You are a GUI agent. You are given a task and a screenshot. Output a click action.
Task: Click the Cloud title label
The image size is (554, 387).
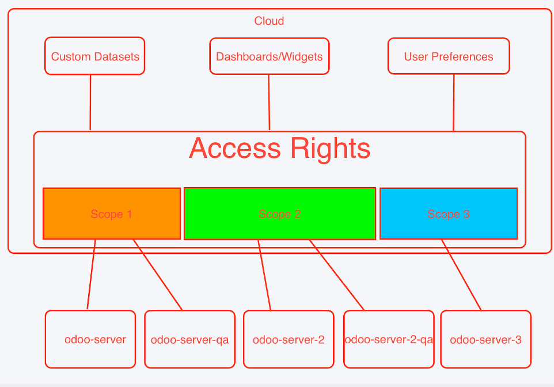pos(269,21)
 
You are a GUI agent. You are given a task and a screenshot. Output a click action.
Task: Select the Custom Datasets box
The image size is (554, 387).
pos(94,56)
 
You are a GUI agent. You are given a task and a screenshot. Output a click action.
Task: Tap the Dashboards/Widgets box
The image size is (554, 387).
pos(270,56)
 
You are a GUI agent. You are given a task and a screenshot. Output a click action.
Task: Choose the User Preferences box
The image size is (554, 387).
pos(449,56)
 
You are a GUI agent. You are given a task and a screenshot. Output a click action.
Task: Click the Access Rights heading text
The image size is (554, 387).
pos(279,148)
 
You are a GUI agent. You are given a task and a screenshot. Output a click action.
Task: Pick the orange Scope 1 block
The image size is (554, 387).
pos(112,214)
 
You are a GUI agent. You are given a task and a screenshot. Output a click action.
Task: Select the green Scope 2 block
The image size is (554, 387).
pos(279,214)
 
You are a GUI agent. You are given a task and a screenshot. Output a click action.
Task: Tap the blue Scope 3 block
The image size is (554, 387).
pos(449,214)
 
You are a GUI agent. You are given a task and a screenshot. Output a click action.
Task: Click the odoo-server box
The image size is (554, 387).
pos(90,339)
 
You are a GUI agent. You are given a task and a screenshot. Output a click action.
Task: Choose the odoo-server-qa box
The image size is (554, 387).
pos(189,339)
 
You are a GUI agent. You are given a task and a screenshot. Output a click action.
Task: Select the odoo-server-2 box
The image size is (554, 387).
pos(289,339)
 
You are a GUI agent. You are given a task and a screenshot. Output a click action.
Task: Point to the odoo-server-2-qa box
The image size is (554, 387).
pos(389,339)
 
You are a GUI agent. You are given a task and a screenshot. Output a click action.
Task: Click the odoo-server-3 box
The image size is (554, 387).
pos(485,339)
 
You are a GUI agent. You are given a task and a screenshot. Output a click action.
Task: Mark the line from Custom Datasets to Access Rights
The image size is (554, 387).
pos(90,103)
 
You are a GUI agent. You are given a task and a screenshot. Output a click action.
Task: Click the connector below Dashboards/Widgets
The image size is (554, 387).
pos(269,103)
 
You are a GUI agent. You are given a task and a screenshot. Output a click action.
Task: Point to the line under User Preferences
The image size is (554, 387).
pos(454,103)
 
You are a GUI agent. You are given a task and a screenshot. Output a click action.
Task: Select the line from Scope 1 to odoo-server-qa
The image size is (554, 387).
pos(158,275)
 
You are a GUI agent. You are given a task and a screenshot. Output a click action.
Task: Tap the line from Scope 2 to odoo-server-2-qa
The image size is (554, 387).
pos(337,275)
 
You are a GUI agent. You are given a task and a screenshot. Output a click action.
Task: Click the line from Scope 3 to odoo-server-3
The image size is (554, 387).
pos(461,275)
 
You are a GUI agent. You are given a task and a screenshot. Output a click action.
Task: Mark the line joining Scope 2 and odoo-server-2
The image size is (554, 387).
pos(264,275)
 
